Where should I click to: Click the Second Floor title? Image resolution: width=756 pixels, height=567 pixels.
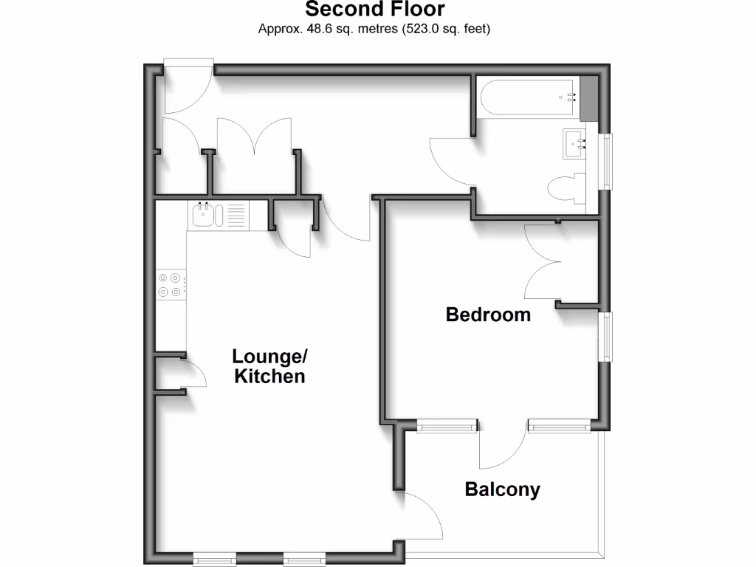[374, 10]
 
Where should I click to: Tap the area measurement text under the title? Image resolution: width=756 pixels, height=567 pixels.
[374, 30]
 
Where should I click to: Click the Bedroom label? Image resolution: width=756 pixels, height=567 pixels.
[488, 315]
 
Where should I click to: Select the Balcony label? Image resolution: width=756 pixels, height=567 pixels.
[502, 489]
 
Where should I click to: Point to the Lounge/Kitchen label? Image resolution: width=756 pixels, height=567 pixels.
[269, 366]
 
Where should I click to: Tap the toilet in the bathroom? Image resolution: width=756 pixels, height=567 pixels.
[567, 189]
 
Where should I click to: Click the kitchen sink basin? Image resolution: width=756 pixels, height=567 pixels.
[204, 216]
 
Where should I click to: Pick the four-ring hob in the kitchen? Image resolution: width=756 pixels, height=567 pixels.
[170, 285]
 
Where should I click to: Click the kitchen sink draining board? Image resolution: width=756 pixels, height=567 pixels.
[236, 216]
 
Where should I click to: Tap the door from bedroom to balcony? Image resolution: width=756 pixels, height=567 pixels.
[503, 447]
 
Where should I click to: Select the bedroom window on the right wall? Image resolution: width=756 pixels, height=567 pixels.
[606, 337]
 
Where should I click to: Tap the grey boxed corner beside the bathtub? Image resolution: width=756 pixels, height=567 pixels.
[590, 97]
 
